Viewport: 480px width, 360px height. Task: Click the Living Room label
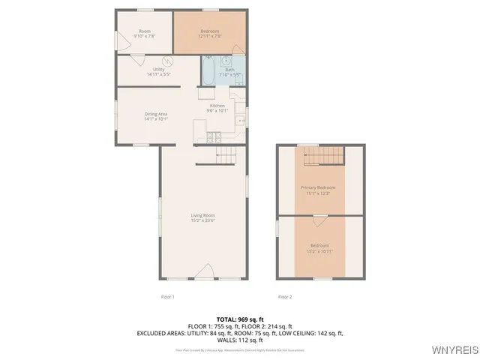[202, 215]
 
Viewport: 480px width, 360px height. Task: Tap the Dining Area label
[156, 113]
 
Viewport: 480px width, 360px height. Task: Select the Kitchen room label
[217, 106]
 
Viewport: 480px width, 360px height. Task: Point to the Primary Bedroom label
[317, 187]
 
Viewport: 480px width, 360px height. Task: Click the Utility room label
[159, 68]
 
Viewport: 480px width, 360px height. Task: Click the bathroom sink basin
[226, 61]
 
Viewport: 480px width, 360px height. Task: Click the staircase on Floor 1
[225, 155]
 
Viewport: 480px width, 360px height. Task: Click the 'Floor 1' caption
[167, 297]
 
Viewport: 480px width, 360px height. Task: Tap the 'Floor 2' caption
[285, 297]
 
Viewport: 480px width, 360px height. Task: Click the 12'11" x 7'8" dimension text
[211, 36]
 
